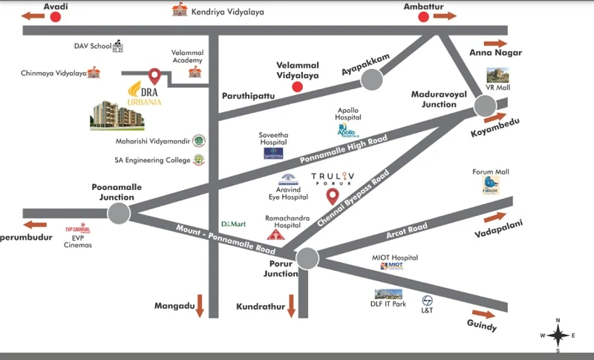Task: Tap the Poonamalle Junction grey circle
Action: click(118, 214)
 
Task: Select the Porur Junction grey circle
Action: click(307, 258)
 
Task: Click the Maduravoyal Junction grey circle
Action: click(484, 108)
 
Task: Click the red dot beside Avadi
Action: click(54, 16)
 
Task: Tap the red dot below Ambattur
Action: click(424, 16)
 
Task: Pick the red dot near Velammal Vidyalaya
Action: click(297, 86)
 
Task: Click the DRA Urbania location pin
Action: click(154, 76)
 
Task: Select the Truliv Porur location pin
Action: click(333, 196)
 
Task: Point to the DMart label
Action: click(229, 223)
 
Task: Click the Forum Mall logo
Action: click(491, 186)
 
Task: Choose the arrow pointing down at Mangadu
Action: click(199, 307)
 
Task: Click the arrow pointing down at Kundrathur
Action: click(291, 306)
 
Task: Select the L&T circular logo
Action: click(428, 301)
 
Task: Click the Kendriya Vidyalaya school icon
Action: click(179, 10)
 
